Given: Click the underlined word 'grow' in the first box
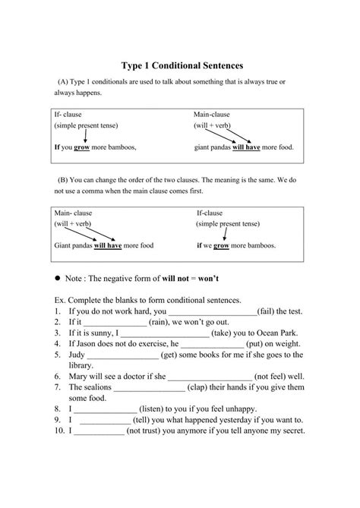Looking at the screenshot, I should click(x=81, y=148).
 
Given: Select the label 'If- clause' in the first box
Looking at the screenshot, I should click(x=68, y=115).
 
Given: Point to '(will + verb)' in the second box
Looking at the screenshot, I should click(x=74, y=226).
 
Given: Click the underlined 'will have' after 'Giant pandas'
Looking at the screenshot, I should click(x=111, y=246).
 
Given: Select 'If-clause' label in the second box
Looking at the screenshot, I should click(x=214, y=213).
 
